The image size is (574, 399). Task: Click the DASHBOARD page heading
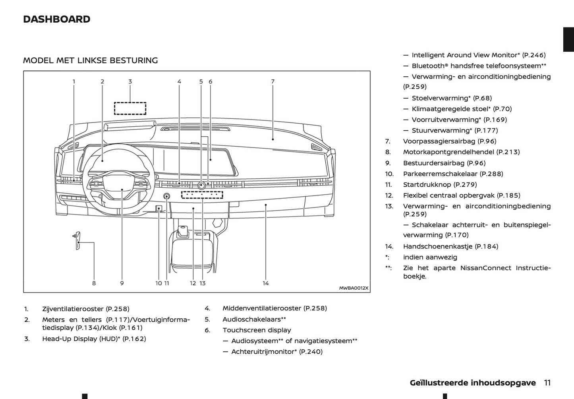point(57,19)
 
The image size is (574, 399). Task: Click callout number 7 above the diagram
point(273,81)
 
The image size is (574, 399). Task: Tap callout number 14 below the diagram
point(265,283)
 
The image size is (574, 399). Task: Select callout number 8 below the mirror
point(94,283)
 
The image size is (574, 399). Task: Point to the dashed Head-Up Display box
point(130,108)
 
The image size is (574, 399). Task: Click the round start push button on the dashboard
point(166,196)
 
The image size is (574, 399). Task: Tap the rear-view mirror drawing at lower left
point(78,240)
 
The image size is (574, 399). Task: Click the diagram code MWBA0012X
point(354,288)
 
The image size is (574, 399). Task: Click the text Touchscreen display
point(257,330)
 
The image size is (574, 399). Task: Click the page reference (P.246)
point(534,55)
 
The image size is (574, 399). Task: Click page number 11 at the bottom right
point(547,383)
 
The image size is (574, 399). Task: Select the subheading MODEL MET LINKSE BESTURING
point(91,60)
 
